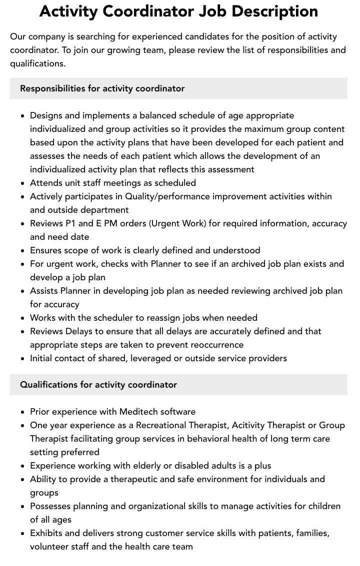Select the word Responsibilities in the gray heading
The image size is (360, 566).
point(52,88)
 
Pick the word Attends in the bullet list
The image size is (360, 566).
point(46,183)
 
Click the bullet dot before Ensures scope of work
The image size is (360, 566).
point(22,251)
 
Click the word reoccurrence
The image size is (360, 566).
point(211,345)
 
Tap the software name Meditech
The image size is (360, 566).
point(138,412)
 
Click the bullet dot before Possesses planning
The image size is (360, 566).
point(22,507)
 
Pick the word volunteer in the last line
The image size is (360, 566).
point(50,547)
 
